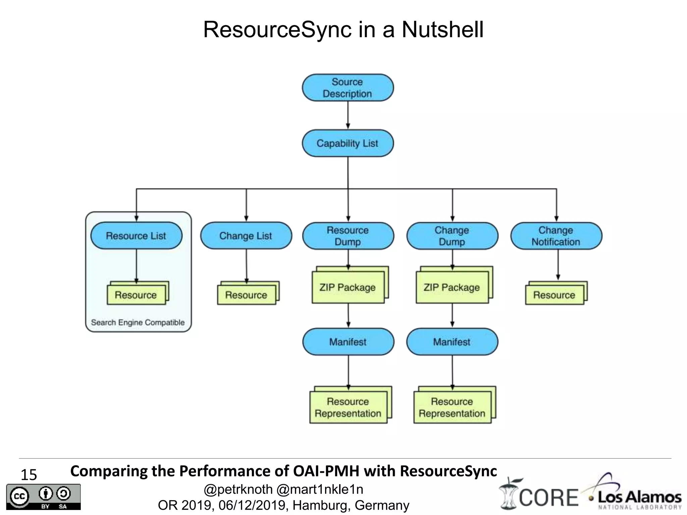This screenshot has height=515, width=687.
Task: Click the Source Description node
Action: pyautogui.click(x=348, y=88)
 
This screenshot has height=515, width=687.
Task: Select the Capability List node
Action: pyautogui.click(x=348, y=144)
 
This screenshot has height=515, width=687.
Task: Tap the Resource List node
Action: pyautogui.click(x=136, y=236)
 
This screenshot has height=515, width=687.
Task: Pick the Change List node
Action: pyautogui.click(x=246, y=236)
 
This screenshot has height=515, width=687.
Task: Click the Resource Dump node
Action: pyautogui.click(x=348, y=236)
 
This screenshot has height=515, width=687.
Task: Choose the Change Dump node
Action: pyautogui.click(x=452, y=236)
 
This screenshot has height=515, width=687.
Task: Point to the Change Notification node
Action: pyautogui.click(x=556, y=236)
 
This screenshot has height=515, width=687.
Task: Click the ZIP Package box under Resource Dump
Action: pyautogui.click(x=348, y=287)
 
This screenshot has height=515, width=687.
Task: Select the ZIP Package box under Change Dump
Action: pyautogui.click(x=452, y=287)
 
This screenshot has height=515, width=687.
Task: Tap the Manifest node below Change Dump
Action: pyautogui.click(x=452, y=342)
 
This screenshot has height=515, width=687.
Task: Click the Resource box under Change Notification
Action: pyautogui.click(x=554, y=295)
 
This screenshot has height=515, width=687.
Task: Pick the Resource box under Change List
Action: pyautogui.click(x=246, y=295)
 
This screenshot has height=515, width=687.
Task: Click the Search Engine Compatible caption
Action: pyautogui.click(x=138, y=323)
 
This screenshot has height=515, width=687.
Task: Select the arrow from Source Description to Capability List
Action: pyautogui.click(x=348, y=115)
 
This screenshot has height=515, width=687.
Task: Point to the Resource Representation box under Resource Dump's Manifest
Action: pyautogui.click(x=348, y=407)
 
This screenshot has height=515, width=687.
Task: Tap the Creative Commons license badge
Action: pyautogui.click(x=43, y=497)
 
